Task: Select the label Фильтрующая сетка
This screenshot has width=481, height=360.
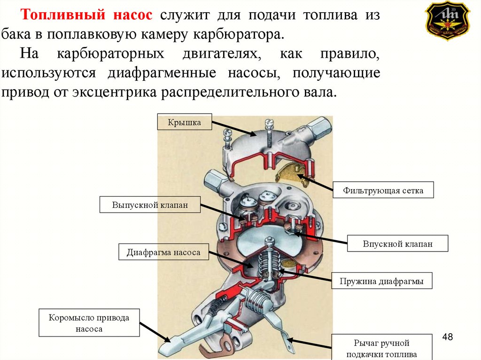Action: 383,191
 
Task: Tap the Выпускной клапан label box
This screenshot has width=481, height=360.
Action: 150,205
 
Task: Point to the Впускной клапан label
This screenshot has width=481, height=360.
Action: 397,244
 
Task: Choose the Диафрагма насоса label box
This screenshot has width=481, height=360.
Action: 163,252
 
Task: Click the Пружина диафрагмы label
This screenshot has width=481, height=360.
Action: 381,282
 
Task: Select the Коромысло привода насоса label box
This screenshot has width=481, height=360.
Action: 89,323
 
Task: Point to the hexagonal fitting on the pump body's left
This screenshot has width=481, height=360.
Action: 212,180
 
